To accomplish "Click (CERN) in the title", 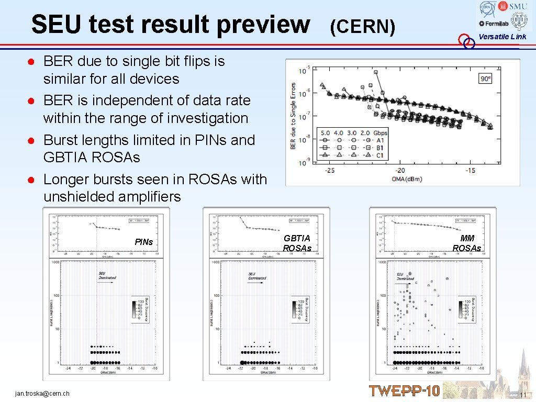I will (x=362, y=26).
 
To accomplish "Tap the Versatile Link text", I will (x=502, y=37).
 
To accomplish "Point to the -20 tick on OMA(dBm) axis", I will (x=400, y=170).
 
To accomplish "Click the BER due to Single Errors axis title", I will (x=293, y=116).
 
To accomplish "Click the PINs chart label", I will (x=143, y=242).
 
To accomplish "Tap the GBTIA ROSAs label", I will (x=297, y=243).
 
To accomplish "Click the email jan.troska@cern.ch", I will (x=42, y=393).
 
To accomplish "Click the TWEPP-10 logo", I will (x=404, y=390).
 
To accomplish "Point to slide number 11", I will (x=522, y=394).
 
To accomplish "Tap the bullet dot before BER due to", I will (x=32, y=62).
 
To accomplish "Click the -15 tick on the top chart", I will (x=471, y=170).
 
